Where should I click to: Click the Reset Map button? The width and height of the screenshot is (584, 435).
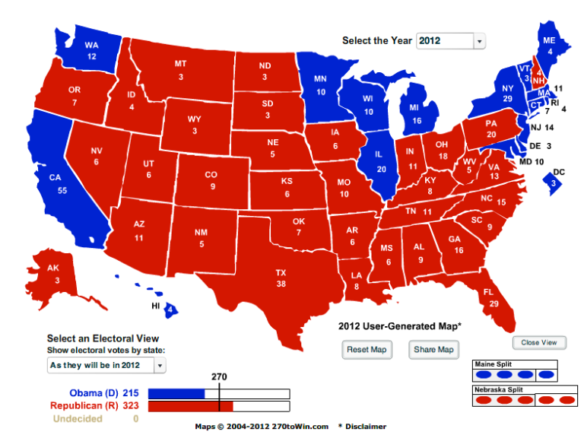[x=368, y=349]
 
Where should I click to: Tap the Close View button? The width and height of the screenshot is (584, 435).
[x=539, y=342]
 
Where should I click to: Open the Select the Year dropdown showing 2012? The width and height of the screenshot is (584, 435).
[x=451, y=40]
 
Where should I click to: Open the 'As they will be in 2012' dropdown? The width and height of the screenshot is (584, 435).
[x=106, y=366]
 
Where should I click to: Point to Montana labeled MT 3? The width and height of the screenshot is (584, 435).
[x=181, y=68]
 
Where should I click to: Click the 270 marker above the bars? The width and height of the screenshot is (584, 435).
[x=219, y=376]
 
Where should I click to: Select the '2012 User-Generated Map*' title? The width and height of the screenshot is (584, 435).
[x=399, y=325]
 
